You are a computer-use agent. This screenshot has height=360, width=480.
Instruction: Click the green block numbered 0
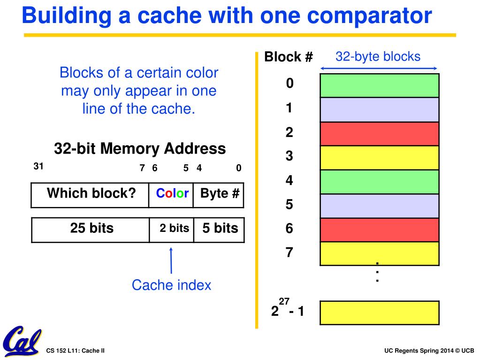coord(379,85)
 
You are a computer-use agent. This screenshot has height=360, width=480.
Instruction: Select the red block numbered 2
coord(379,134)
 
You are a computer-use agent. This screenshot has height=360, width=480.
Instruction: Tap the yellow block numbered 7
coord(379,253)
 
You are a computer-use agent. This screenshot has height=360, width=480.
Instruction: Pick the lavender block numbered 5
coord(379,206)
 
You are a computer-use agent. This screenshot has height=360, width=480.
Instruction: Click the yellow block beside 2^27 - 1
coord(379,313)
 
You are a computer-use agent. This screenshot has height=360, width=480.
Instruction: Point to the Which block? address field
coord(91,194)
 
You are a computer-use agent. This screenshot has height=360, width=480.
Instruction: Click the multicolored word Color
coord(172,193)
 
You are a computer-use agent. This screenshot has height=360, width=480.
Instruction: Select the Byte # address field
coord(220,193)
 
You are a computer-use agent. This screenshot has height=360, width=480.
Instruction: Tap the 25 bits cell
coord(91,229)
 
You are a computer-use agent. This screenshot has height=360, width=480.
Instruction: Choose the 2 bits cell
coord(174,229)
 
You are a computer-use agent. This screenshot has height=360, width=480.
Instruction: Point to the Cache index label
coord(171,285)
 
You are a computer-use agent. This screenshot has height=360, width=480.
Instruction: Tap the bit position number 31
coord(38,166)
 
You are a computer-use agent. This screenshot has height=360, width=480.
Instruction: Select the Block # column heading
coord(288,57)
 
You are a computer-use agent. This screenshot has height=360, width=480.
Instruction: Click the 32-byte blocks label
coord(378,57)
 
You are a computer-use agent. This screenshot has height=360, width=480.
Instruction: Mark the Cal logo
coord(22,341)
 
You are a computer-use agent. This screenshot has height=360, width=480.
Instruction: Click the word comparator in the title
coord(363,16)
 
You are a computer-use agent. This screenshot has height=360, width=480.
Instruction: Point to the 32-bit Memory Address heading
coord(140,149)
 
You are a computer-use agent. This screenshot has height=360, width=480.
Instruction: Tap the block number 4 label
coord(289,180)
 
